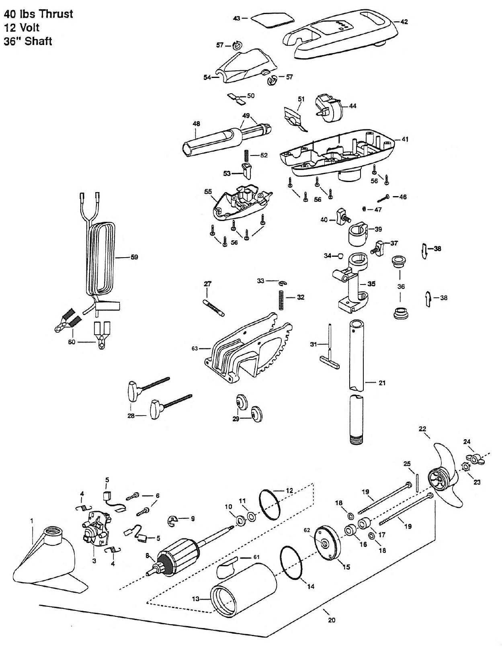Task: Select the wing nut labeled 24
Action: click(475, 459)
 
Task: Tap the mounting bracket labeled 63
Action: click(249, 350)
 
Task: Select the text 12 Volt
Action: click(22, 28)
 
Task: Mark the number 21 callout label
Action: click(382, 383)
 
